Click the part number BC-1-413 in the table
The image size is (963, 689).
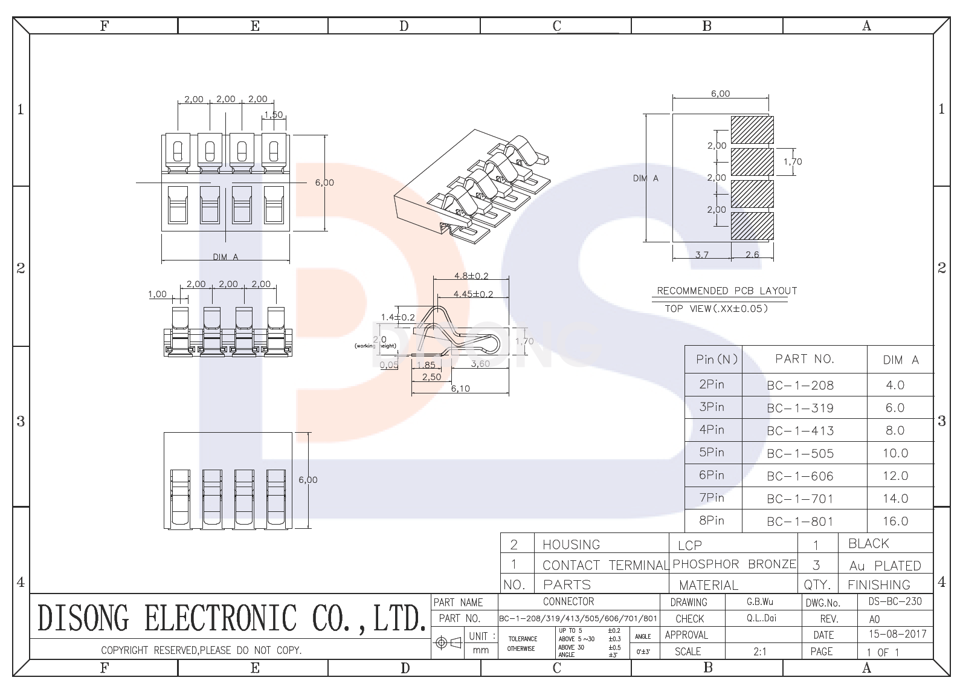pos(800,430)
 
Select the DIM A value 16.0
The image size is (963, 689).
pos(895,521)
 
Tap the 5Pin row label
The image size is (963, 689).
pos(711,452)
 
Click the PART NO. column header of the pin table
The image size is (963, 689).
pos(804,359)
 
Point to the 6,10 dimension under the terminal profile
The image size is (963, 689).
pos(460,389)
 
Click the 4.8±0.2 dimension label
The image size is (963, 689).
pos(471,276)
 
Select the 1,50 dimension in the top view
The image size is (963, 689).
pos(273,115)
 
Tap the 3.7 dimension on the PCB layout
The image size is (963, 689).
pos(701,254)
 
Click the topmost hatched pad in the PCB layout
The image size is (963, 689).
pos(752,129)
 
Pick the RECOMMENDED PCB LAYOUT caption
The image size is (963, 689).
pos(727,291)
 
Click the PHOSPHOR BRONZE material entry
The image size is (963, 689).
pos(734,564)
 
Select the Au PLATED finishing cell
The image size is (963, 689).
pos(884,566)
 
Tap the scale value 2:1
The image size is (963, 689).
pos(759,652)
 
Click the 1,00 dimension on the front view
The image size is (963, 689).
pos(157,294)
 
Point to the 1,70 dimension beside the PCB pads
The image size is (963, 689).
pos(793,161)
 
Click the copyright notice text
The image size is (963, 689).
pos(201,650)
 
